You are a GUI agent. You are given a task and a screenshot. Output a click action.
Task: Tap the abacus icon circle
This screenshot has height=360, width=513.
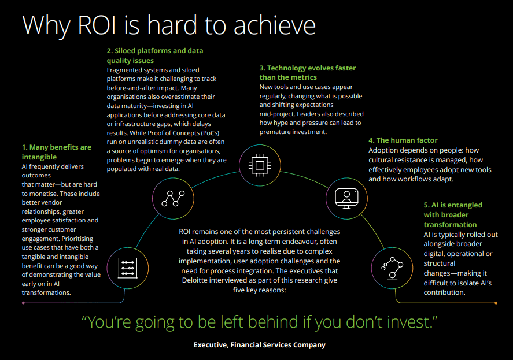(x=127, y=267)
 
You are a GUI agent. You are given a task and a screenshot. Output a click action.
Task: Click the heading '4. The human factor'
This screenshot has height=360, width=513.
(x=403, y=140)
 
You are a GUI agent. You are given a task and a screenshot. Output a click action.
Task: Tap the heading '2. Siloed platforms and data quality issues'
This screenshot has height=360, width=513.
(x=154, y=55)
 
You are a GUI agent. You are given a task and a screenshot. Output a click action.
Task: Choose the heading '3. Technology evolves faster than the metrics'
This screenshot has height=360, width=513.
(x=307, y=72)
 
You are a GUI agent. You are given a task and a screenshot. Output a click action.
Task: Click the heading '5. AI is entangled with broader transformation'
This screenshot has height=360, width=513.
(x=453, y=214)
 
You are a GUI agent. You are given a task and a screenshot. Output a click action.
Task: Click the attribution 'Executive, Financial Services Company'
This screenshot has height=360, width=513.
(x=260, y=345)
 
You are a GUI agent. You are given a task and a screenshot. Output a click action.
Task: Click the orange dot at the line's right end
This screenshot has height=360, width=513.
(x=496, y=303)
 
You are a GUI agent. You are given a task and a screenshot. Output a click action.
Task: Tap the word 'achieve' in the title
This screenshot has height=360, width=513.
(x=272, y=25)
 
